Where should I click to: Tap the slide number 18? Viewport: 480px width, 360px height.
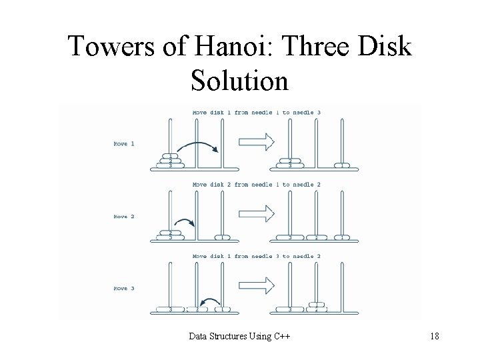[434, 336]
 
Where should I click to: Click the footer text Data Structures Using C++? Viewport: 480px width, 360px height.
[239, 336]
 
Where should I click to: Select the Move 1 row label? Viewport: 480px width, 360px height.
[125, 143]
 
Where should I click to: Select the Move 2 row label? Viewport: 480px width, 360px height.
[125, 216]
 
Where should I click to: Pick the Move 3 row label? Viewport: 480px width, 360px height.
[125, 289]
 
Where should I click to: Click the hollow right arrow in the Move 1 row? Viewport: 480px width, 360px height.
[257, 141]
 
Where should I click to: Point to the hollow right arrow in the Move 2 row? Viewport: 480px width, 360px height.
[257, 213]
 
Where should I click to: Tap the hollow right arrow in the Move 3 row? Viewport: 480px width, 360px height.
[257, 285]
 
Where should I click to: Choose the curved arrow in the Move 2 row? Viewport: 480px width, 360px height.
[185, 223]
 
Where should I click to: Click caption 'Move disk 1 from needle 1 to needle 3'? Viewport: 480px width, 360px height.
[257, 113]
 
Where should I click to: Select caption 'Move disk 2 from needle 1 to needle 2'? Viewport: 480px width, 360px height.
[257, 185]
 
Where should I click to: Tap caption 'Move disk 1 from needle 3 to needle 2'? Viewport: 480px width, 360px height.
[257, 257]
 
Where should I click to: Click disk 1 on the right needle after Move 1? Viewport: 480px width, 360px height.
[342, 165]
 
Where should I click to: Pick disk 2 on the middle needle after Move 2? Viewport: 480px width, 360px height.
[316, 237]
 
